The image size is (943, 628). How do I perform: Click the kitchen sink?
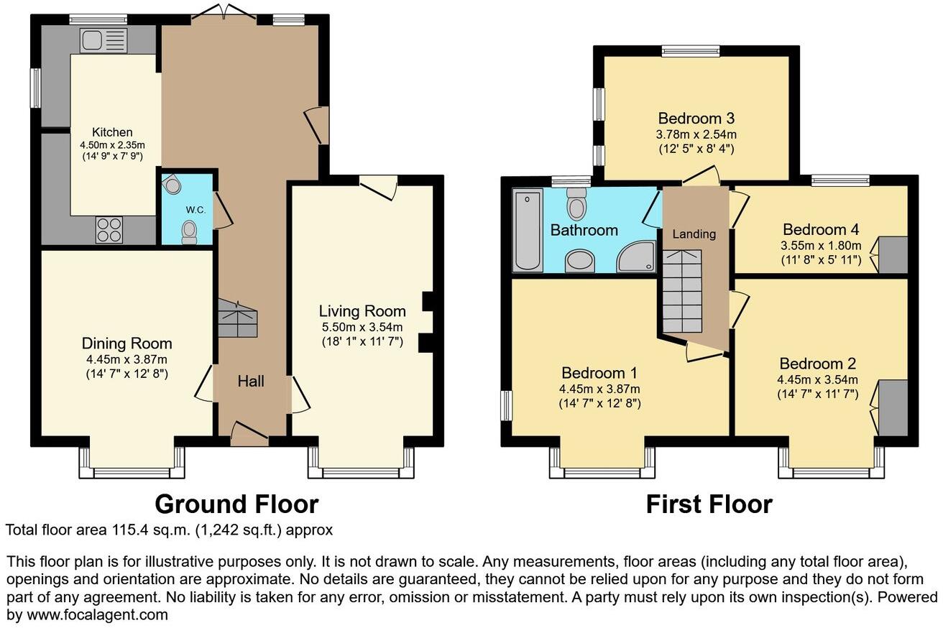click(x=103, y=40)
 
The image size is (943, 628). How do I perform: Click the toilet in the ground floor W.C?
click(x=189, y=231)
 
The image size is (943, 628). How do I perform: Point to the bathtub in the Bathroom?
click(x=528, y=229)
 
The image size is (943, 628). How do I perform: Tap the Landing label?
click(x=694, y=234)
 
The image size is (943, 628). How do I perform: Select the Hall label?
click(x=251, y=381)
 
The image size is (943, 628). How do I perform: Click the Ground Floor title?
click(x=236, y=504)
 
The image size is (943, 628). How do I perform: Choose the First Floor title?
click(x=709, y=504)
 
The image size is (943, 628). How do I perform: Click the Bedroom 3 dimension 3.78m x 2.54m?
click(x=696, y=134)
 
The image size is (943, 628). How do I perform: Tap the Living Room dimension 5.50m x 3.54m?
click(x=362, y=327)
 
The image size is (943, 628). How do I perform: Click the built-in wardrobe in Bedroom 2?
click(x=893, y=408)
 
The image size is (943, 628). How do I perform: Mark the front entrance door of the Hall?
click(x=249, y=433)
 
